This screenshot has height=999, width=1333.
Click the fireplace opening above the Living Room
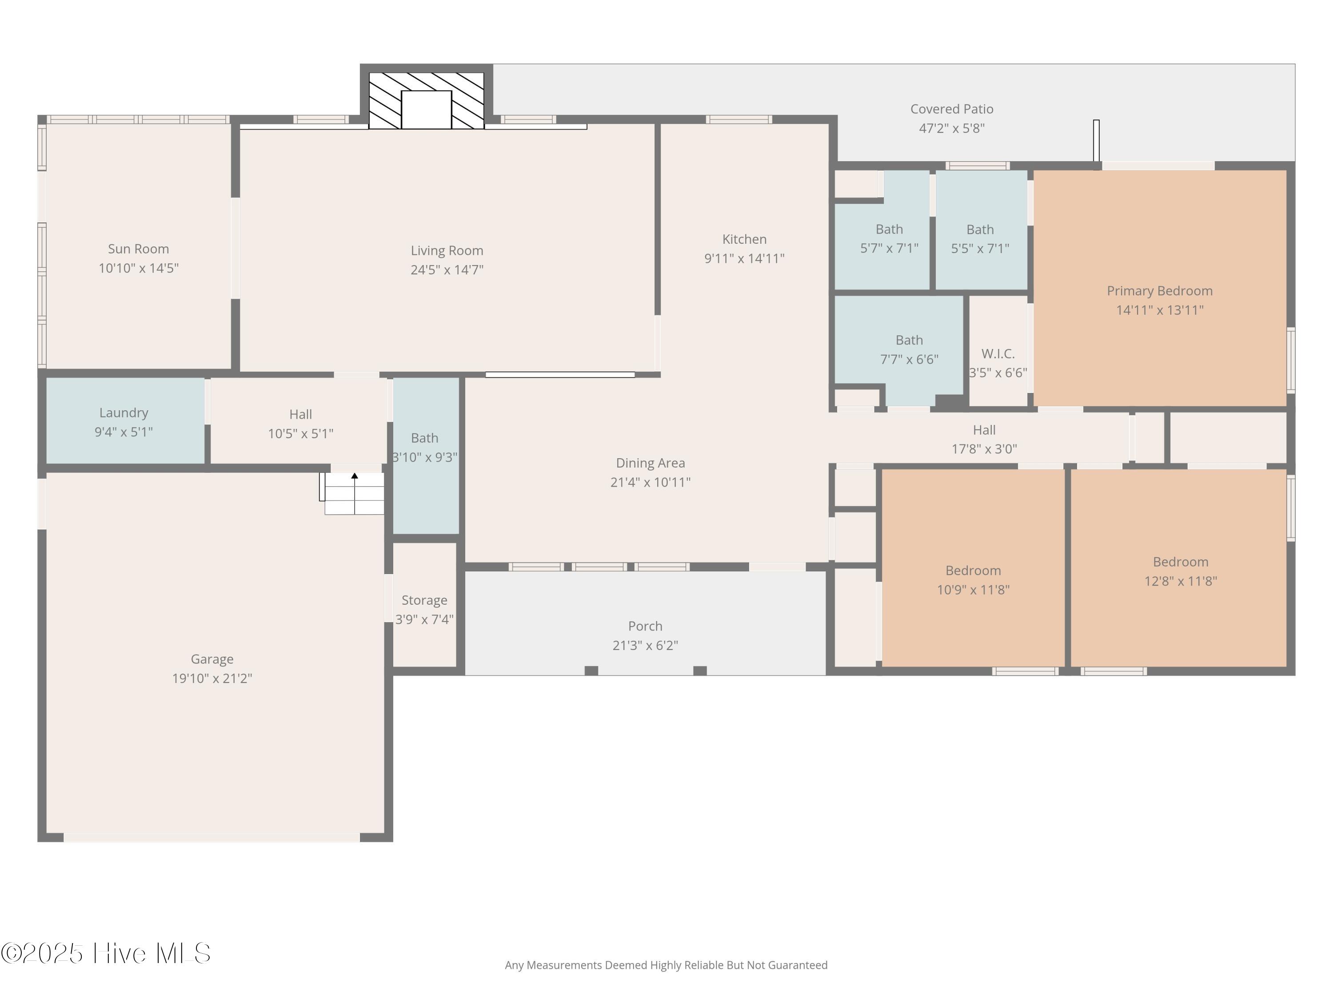pyautogui.click(x=426, y=110)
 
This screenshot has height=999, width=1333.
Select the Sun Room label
pyautogui.click(x=139, y=249)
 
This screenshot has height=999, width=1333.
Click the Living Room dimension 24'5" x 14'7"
pyautogui.click(x=447, y=270)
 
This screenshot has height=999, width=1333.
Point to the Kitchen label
pyautogui.click(x=744, y=239)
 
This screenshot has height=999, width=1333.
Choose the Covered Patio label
pyautogui.click(x=952, y=109)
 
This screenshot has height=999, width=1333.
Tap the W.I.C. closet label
pyautogui.click(x=998, y=353)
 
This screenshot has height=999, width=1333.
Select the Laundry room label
pyautogui.click(x=124, y=413)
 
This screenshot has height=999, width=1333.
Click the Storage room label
pyautogui.click(x=424, y=600)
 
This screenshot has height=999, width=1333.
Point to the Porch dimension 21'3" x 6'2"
pyautogui.click(x=646, y=646)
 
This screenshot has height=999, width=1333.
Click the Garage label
pyautogui.click(x=212, y=659)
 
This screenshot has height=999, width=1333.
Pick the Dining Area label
pyautogui.click(x=650, y=463)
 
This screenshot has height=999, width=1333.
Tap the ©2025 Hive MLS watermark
pyautogui.click(x=106, y=953)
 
